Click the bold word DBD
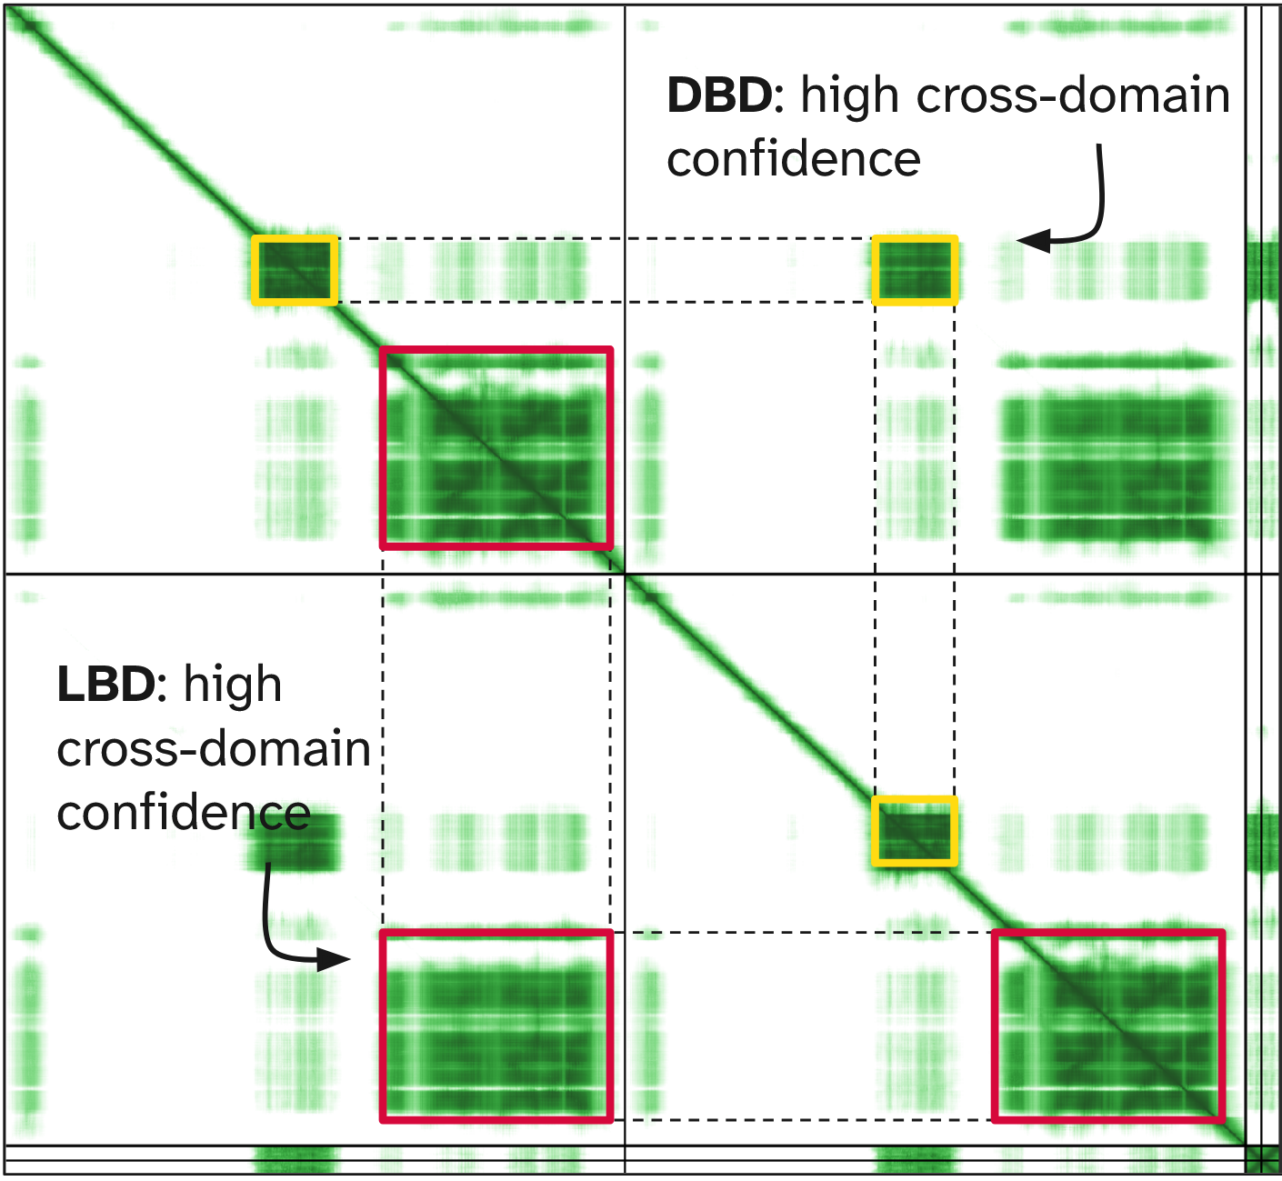tap(718, 95)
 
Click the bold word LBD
tap(105, 685)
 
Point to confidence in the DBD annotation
tap(794, 159)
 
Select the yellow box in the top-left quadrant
tap(295, 269)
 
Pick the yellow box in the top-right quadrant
tap(915, 269)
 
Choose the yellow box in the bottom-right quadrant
tap(915, 831)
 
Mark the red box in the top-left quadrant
tap(496, 447)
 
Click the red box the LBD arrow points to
tap(496, 1026)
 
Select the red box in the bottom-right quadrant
tap(1108, 1026)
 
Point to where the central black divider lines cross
tap(626, 574)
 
